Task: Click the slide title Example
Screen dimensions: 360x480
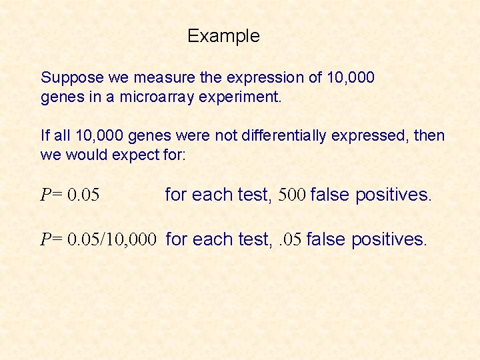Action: pyautogui.click(x=223, y=36)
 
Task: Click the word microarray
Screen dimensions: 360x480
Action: pyautogui.click(x=159, y=97)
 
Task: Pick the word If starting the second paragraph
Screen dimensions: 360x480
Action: pyautogui.click(x=45, y=136)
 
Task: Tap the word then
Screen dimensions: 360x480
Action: pyautogui.click(x=431, y=136)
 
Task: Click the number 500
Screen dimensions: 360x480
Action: pyautogui.click(x=292, y=195)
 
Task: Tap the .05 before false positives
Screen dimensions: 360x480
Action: pyautogui.click(x=289, y=239)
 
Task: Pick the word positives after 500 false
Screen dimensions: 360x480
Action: pyautogui.click(x=393, y=195)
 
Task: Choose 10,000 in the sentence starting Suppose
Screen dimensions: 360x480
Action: pyautogui.click(x=351, y=79)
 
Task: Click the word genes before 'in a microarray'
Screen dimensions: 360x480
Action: pyautogui.click(x=59, y=98)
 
